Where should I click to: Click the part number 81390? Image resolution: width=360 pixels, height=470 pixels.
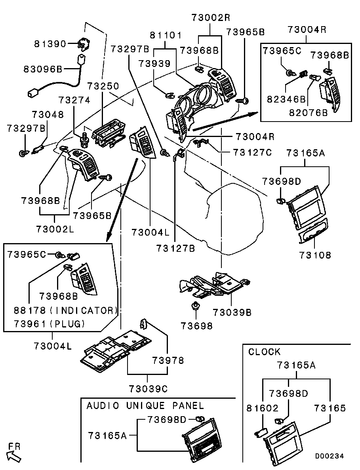[x=50, y=44]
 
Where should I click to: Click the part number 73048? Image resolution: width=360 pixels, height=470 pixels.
[x=48, y=114]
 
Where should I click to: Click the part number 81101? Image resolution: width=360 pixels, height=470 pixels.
[x=166, y=35]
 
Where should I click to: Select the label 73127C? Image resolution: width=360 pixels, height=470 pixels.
[x=252, y=152]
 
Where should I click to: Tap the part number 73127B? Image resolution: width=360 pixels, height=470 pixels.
[x=175, y=248]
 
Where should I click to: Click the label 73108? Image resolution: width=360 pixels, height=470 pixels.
[x=315, y=255]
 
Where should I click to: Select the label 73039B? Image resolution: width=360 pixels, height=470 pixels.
[x=232, y=312]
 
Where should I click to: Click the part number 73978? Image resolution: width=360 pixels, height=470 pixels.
[x=168, y=361]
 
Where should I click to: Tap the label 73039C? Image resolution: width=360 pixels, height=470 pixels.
[x=148, y=389]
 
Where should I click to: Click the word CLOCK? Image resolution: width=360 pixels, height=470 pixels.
[x=264, y=352]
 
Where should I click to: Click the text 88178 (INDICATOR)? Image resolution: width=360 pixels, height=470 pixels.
[x=66, y=310]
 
